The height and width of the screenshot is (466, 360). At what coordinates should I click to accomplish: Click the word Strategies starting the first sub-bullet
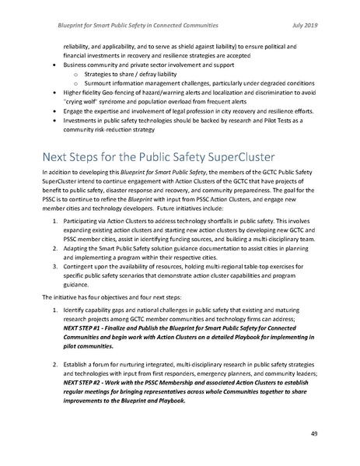pos(101,73)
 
